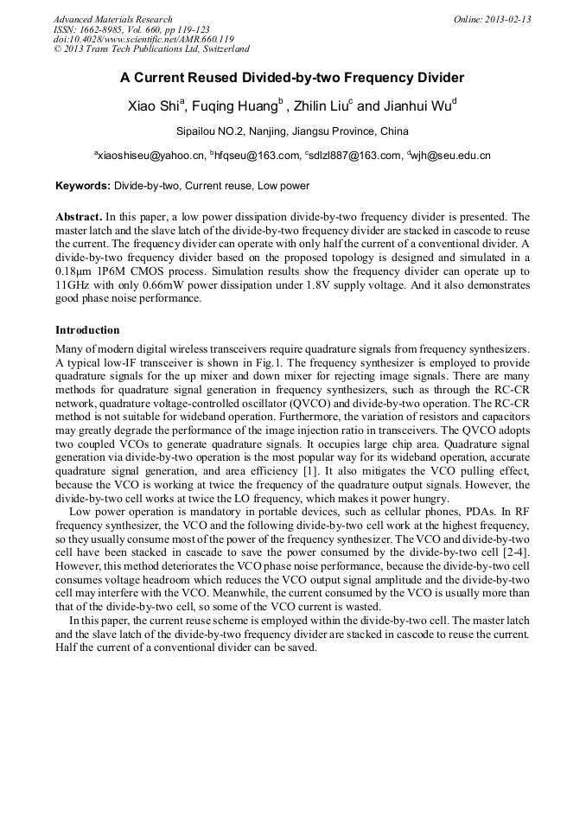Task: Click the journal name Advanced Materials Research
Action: tap(113, 19)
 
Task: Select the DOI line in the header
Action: tap(143, 39)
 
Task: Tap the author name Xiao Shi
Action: tap(152, 106)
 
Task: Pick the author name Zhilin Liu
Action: tap(320, 106)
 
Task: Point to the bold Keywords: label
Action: tap(83, 186)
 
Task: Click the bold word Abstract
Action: tap(79, 217)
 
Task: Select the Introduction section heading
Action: tap(87, 330)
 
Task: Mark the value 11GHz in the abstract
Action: tap(74, 284)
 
